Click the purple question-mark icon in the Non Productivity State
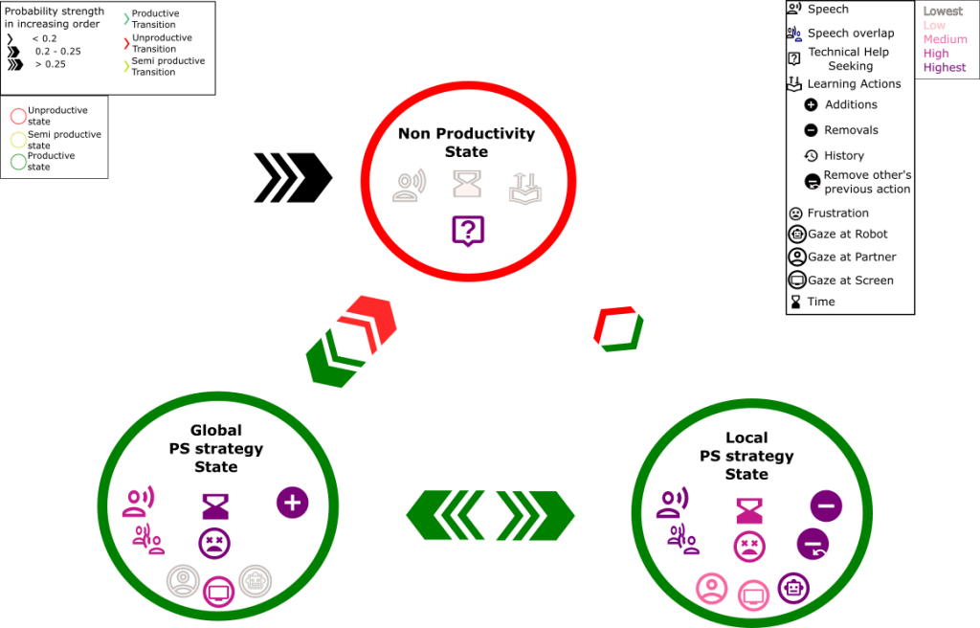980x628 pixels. [x=468, y=230]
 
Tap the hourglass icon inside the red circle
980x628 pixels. [x=466, y=184]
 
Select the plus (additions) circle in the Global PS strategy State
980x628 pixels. [x=293, y=502]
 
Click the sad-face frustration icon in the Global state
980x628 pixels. [x=214, y=544]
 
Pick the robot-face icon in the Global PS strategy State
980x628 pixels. [x=255, y=580]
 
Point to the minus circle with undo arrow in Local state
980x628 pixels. [x=813, y=544]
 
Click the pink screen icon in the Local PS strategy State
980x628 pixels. [x=753, y=595]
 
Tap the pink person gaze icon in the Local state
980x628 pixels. [x=712, y=588]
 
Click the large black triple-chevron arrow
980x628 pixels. [x=292, y=177]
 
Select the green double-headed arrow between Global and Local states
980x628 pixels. [x=490, y=516]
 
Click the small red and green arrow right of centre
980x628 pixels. [x=618, y=328]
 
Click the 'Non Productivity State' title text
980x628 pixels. [x=466, y=143]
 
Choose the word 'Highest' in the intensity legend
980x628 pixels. [x=945, y=68]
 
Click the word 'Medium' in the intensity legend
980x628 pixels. [x=946, y=39]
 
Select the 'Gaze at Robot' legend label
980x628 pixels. [x=847, y=234]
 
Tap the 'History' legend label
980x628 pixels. [x=844, y=155]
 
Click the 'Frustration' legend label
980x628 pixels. [x=837, y=213]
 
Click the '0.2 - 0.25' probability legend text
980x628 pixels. [x=58, y=50]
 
